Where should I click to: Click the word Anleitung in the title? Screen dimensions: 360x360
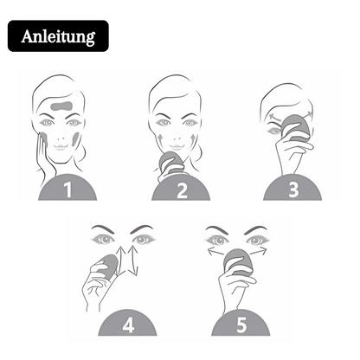[x=59, y=37]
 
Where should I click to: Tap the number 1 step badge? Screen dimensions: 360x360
[x=61, y=189]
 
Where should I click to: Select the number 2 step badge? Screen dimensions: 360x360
[x=181, y=189]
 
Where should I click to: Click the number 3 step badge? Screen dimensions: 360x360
[x=292, y=189]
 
